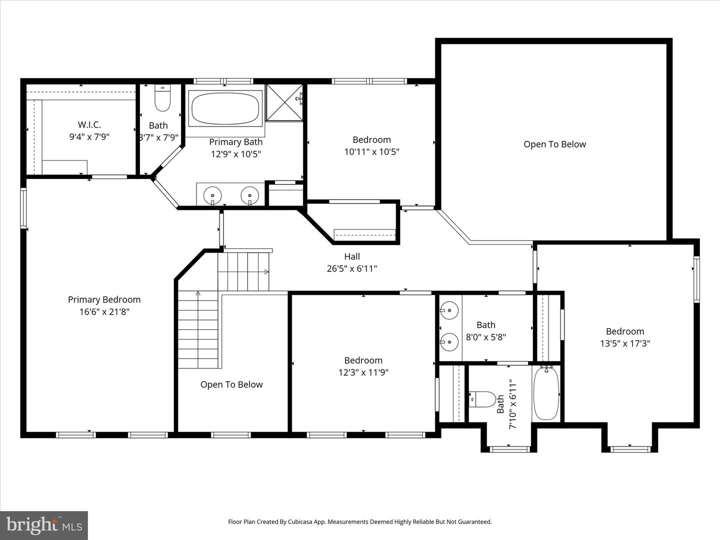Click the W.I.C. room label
click(89, 125)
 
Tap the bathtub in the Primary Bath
click(225, 108)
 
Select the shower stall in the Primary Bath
click(284, 102)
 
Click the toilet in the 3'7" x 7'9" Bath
click(162, 98)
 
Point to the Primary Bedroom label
click(104, 299)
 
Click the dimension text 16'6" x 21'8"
click(104, 312)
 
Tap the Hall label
click(352, 256)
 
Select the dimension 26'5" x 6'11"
click(352, 269)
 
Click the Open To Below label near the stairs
click(231, 384)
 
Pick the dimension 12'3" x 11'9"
click(363, 372)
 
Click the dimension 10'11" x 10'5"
click(371, 152)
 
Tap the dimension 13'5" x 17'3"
click(625, 343)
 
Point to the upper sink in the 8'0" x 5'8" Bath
click(449, 310)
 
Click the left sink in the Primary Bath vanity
click(213, 194)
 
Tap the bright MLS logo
click(44, 525)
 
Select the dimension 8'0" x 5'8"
click(486, 337)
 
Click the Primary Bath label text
click(235, 142)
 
